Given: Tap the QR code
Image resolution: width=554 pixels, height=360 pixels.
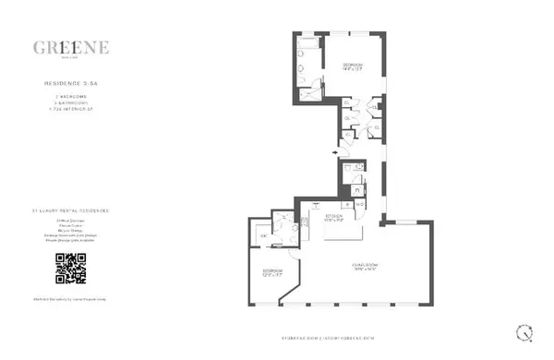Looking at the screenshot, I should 71,268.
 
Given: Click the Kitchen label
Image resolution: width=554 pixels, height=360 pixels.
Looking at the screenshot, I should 334,218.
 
